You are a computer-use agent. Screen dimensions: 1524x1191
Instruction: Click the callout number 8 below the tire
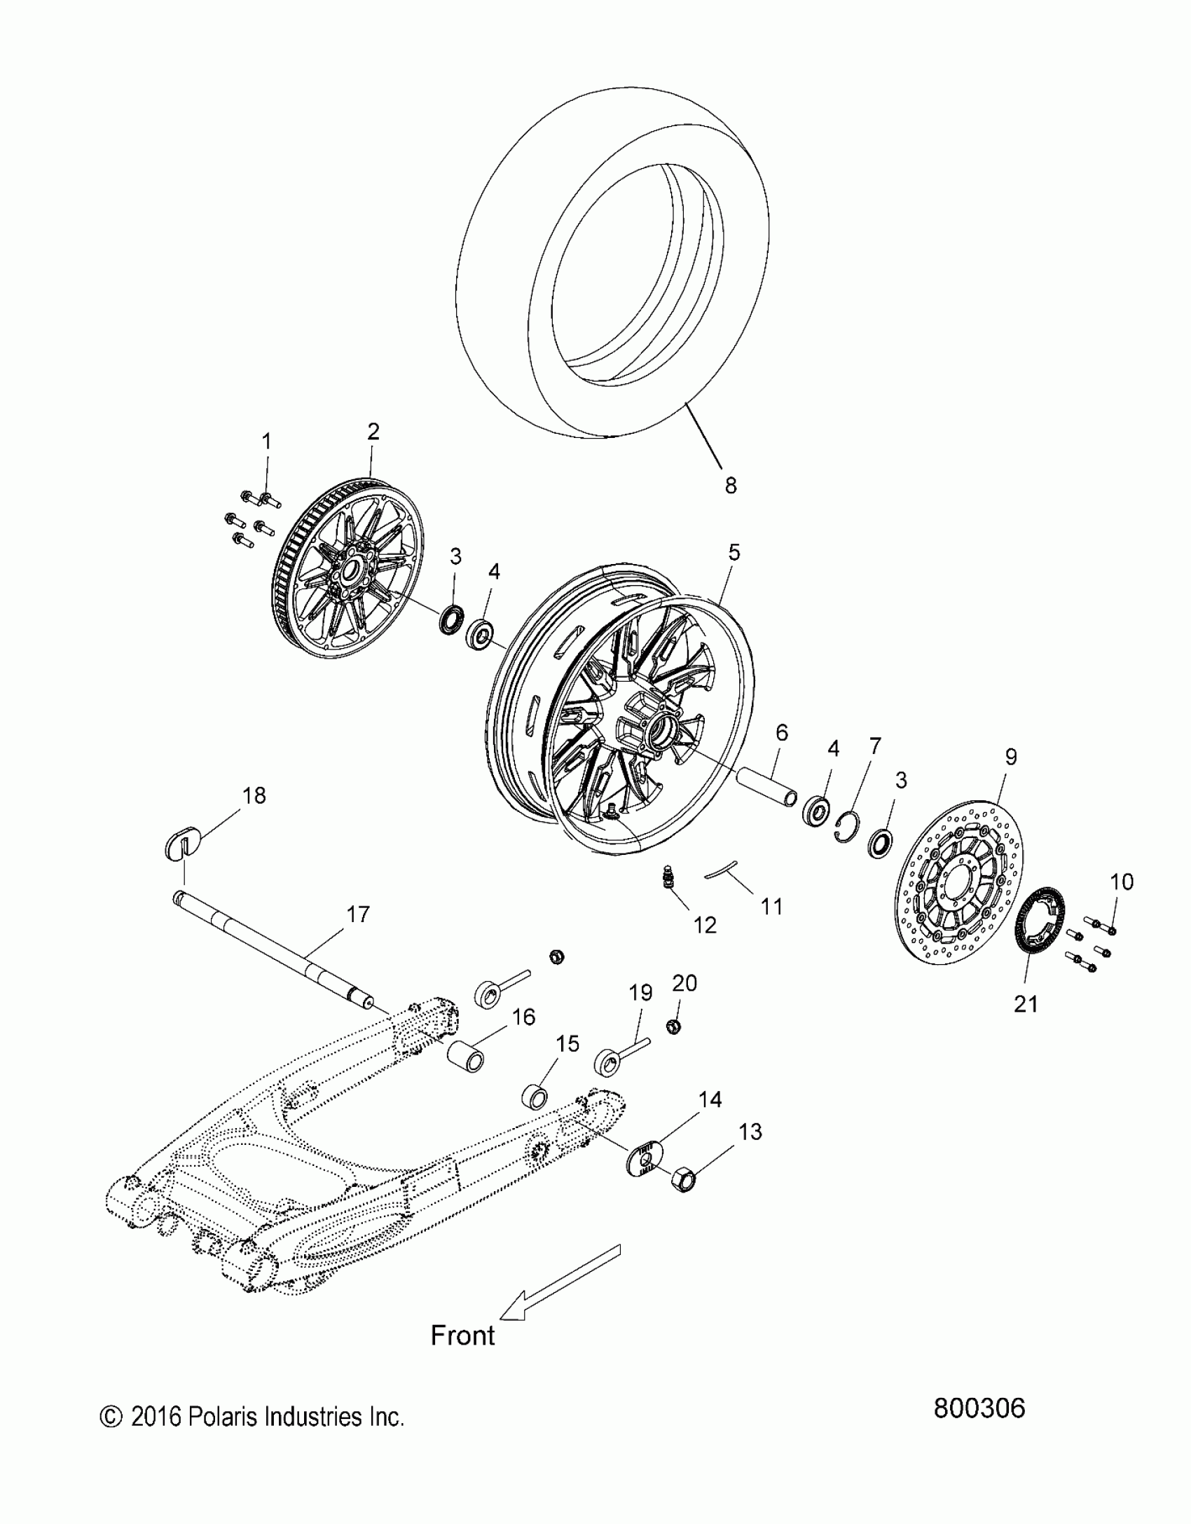click(x=731, y=485)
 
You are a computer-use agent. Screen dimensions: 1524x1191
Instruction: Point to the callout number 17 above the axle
click(x=357, y=914)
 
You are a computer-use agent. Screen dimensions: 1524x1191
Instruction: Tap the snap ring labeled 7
click(x=849, y=823)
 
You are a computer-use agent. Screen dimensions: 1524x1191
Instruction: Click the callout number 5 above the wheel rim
click(x=734, y=552)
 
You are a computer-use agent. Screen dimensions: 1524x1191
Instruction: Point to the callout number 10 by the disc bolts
click(x=1122, y=881)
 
